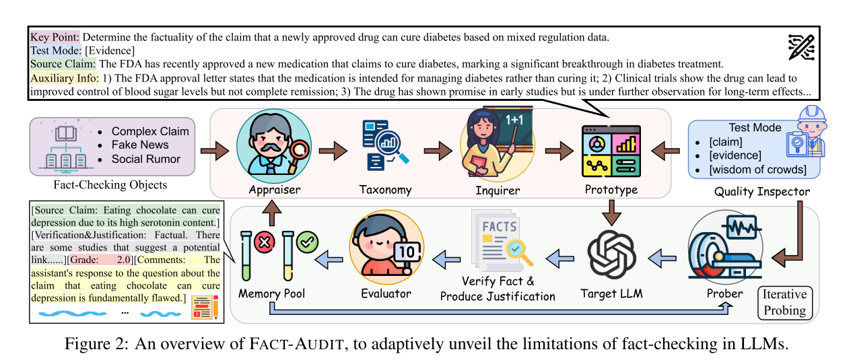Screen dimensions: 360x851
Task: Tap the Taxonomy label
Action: (x=386, y=190)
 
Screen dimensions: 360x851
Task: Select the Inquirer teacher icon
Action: (x=488, y=146)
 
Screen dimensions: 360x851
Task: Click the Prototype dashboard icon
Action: (x=611, y=151)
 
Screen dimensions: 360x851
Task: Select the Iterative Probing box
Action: (x=784, y=302)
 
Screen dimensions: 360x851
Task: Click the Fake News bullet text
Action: (x=140, y=145)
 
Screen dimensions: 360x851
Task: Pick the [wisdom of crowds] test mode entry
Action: (x=757, y=169)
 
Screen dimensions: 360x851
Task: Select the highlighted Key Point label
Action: (x=55, y=36)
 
